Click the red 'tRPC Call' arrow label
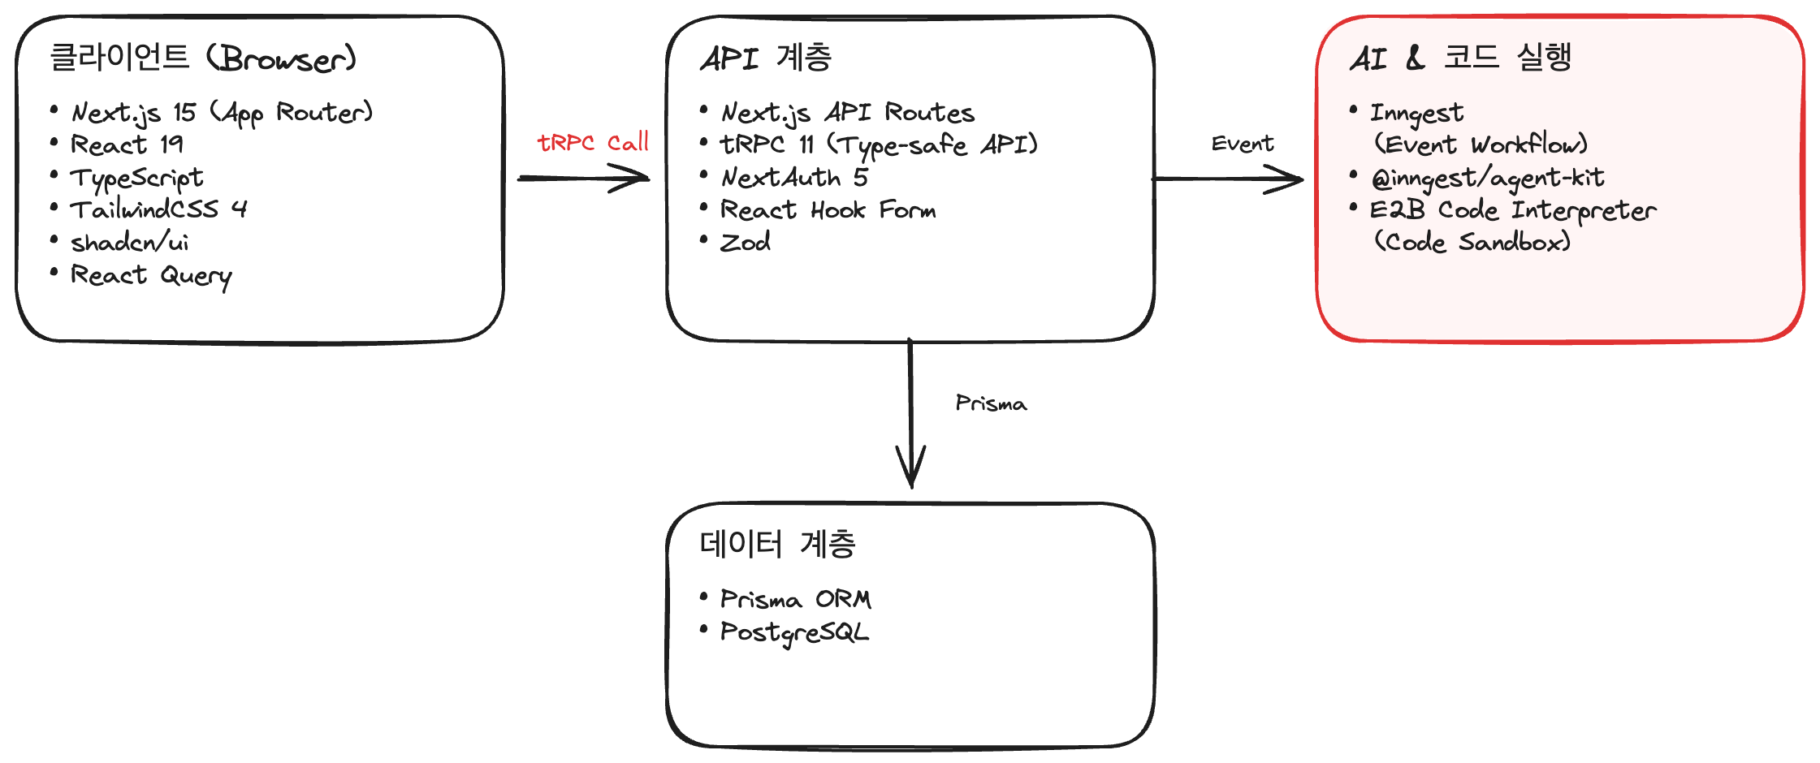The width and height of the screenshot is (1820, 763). tap(593, 143)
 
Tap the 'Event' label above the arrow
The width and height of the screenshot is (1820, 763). tap(1242, 144)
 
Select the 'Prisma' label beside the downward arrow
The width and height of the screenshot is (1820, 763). tap(991, 403)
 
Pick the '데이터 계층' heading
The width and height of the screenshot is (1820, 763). tap(777, 544)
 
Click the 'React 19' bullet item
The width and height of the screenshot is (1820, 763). tap(127, 144)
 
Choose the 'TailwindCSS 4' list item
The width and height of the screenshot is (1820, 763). tap(158, 209)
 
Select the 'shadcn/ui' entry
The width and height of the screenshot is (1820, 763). tap(130, 242)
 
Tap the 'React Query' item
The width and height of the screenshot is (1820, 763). tap(151, 276)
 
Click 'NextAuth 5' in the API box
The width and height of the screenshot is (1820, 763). tap(794, 177)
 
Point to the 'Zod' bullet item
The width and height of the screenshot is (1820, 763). tap(746, 242)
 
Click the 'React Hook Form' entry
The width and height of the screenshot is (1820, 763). tap(828, 210)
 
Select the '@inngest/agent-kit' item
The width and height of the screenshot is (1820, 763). tap(1487, 178)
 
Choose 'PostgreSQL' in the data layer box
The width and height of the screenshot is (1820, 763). tap(794, 632)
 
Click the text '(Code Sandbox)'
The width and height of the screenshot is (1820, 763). tap(1472, 242)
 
